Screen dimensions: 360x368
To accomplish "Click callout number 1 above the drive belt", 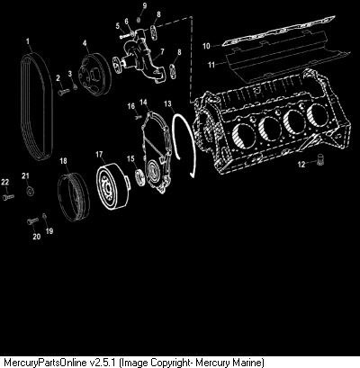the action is pyautogui.click(x=28, y=40).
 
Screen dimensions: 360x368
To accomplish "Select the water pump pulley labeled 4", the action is pyautogui.click(x=94, y=73).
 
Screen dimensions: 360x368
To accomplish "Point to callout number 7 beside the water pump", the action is pyautogui.click(x=162, y=51).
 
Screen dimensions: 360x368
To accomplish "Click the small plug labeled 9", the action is pyautogui.click(x=139, y=20).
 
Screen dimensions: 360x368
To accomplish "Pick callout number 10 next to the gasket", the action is pyautogui.click(x=206, y=46).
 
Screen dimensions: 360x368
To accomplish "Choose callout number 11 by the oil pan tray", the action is pyautogui.click(x=211, y=65).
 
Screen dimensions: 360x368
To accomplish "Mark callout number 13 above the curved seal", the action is pyautogui.click(x=168, y=103).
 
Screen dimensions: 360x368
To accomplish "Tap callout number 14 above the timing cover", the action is pyautogui.click(x=144, y=103).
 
